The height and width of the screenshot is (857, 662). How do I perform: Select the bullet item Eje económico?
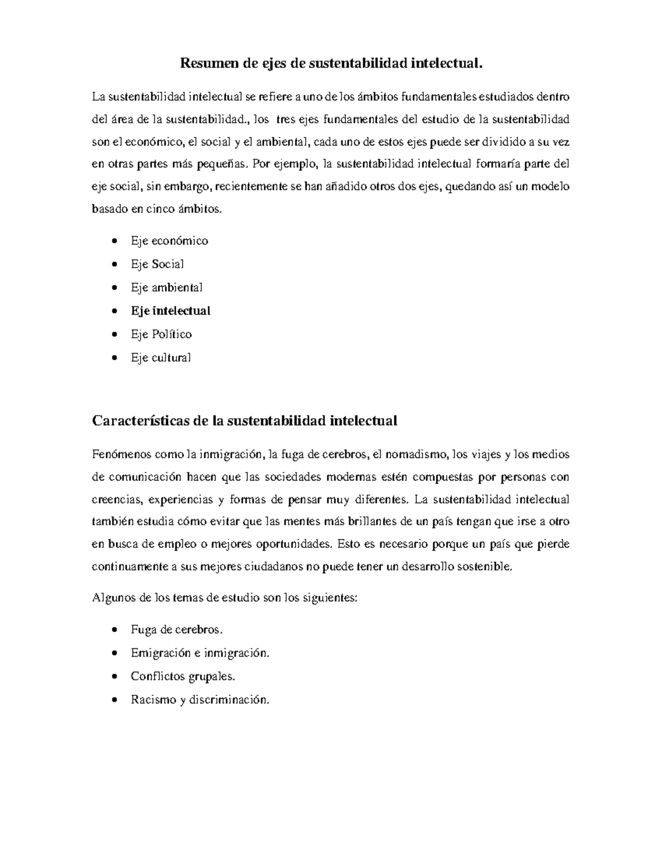coord(169,241)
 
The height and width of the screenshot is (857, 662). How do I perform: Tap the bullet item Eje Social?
coord(157,264)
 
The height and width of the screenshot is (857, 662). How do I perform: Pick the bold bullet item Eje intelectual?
coord(170,311)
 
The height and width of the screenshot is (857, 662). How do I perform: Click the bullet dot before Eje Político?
coord(114,334)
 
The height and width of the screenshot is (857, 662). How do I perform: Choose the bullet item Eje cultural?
coord(161,358)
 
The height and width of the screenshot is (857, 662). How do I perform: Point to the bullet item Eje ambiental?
coord(167,288)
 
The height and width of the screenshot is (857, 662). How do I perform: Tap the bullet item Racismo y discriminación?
coord(201,700)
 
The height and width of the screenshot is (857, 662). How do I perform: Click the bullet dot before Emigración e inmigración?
coord(114,653)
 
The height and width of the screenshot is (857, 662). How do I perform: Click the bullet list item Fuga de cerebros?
coord(177,630)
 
